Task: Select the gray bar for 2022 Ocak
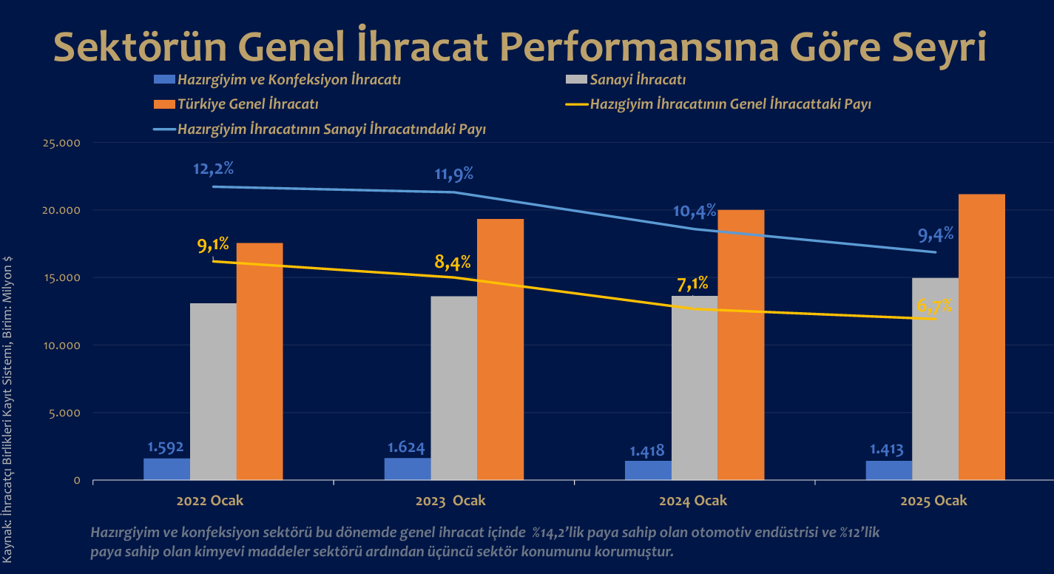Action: (213, 391)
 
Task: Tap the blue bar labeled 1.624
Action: (408, 469)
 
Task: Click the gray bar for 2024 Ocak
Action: (695, 388)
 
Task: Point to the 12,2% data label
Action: (213, 168)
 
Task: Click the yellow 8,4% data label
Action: (453, 261)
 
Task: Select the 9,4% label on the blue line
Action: (935, 235)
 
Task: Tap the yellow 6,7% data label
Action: (934, 305)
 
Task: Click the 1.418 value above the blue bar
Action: (646, 450)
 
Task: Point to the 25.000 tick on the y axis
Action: (62, 143)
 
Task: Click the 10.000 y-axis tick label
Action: (62, 345)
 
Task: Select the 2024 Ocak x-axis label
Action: (693, 501)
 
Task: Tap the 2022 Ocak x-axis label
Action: (210, 501)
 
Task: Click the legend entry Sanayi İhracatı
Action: (638, 80)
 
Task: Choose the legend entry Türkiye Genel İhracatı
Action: (248, 104)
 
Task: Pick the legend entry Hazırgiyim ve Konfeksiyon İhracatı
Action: (289, 80)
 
